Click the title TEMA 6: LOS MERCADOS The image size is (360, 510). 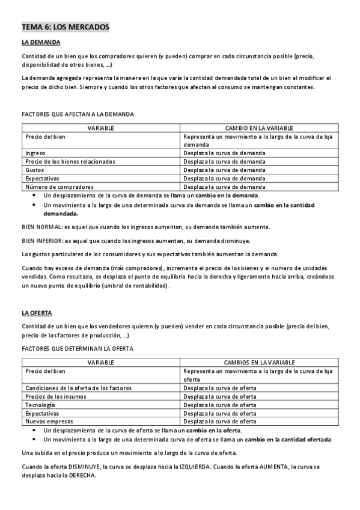pos(66,28)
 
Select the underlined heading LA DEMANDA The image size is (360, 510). pos(41,42)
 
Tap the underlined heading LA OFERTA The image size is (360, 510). pos(37,313)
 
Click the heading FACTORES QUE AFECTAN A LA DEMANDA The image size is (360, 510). pos(78,114)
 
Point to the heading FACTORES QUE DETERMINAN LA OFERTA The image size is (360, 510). pos(78,349)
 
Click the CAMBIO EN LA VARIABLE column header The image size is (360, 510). pos(259,128)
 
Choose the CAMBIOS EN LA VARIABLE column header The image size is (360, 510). pos(259,363)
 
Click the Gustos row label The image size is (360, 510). pos(35,170)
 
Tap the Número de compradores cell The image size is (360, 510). pos(59,187)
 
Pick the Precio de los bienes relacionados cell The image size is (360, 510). pos(70,162)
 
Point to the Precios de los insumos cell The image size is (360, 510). pos(56,396)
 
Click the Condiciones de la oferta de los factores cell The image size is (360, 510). pos(79,388)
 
